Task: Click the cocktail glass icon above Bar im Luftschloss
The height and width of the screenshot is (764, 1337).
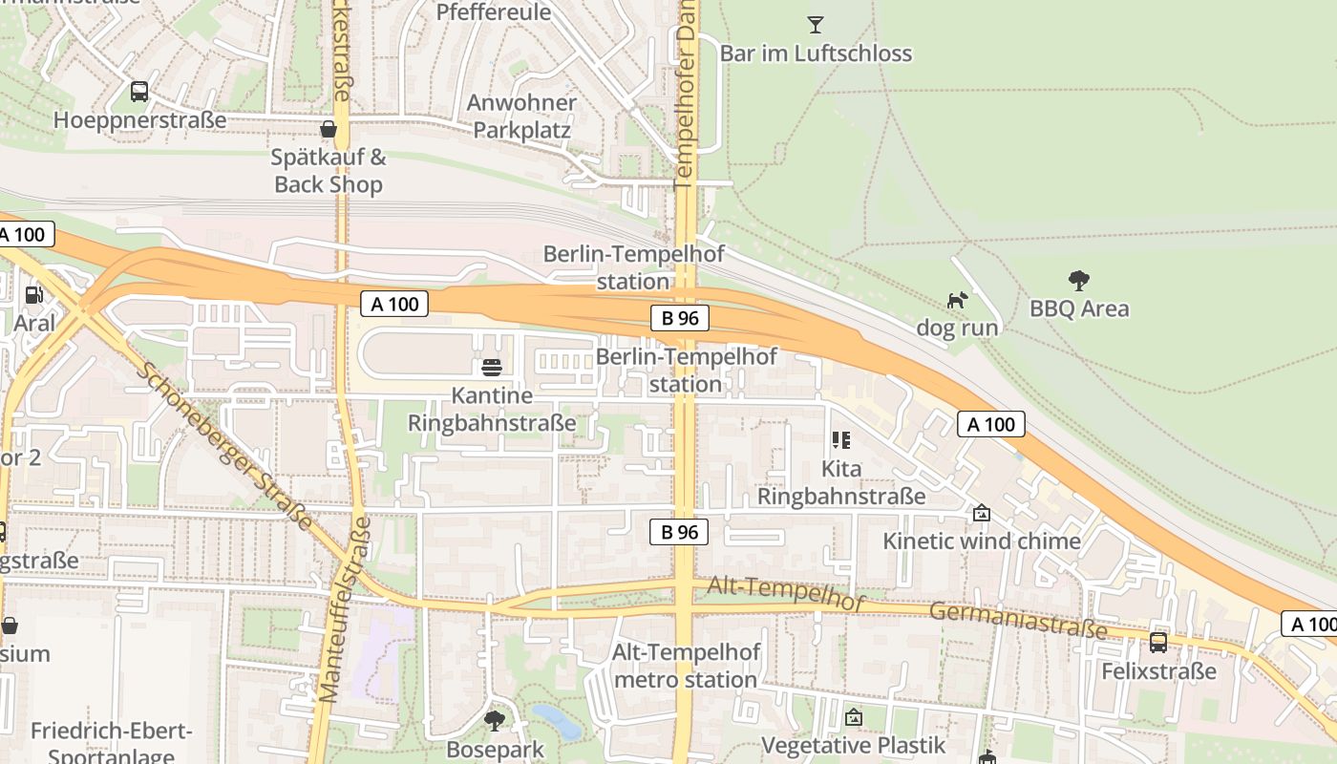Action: coord(816,25)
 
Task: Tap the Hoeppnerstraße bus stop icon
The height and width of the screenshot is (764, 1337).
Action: coord(139,92)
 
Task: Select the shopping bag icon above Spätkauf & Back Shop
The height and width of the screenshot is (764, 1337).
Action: coord(329,129)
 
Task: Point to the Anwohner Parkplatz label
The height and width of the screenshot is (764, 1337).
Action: coord(521,117)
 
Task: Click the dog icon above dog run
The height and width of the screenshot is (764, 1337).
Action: coord(957,301)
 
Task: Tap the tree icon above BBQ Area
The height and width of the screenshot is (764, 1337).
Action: coord(1079,281)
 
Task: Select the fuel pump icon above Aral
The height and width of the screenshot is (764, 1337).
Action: coord(34,295)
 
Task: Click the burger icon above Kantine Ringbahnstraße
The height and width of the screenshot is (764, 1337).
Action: coord(492,368)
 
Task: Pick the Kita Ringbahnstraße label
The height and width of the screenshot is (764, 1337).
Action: coord(841,482)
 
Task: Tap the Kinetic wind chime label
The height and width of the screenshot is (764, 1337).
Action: coord(982,541)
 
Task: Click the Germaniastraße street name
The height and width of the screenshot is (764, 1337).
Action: coord(1018,620)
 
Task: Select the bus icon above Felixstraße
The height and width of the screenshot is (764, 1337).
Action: coord(1158,643)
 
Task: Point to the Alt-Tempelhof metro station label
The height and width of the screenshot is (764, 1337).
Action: coord(687,666)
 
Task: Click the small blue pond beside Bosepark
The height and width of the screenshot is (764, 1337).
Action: coord(557,721)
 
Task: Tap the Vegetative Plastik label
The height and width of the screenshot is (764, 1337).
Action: coord(853,745)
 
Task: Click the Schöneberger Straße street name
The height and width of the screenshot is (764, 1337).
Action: coord(225,445)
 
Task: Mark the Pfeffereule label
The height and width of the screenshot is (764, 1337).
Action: coord(494,12)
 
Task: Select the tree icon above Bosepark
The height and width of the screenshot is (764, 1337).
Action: coord(494,720)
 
